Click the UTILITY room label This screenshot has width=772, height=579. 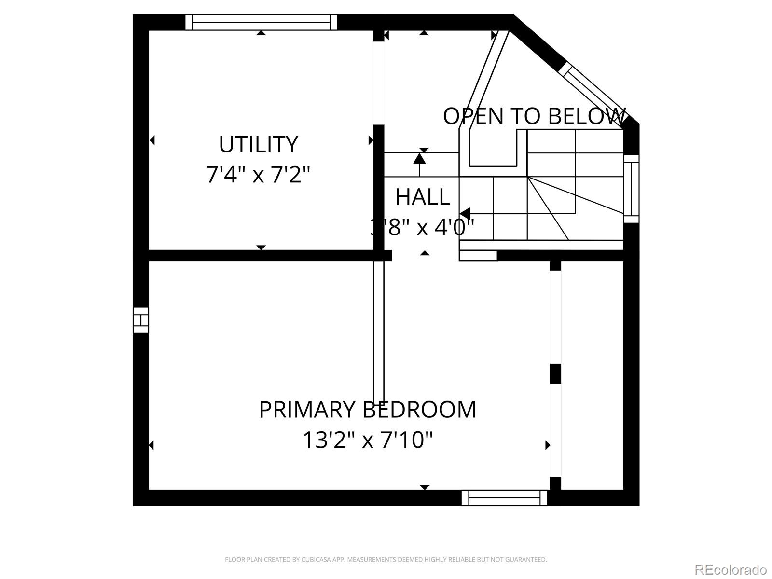(x=258, y=144)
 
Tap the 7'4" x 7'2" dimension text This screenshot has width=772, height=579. (x=258, y=174)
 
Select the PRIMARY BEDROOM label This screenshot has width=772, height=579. (x=368, y=410)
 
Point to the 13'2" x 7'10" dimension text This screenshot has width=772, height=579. (x=368, y=440)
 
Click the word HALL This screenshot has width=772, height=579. (x=423, y=197)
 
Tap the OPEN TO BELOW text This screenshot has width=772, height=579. (x=534, y=116)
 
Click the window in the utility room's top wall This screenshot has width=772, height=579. (x=261, y=22)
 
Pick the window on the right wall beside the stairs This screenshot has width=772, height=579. (x=631, y=189)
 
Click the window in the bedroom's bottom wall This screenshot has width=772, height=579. (x=504, y=497)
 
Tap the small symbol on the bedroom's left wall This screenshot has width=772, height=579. (x=141, y=320)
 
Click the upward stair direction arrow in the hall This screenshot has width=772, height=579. (x=419, y=158)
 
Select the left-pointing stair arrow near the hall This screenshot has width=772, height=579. (x=466, y=213)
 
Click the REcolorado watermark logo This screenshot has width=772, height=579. (x=730, y=569)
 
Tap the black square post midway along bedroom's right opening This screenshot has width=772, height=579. (x=556, y=373)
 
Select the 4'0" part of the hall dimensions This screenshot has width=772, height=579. (x=455, y=227)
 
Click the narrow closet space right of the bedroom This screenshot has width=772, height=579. (x=592, y=376)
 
